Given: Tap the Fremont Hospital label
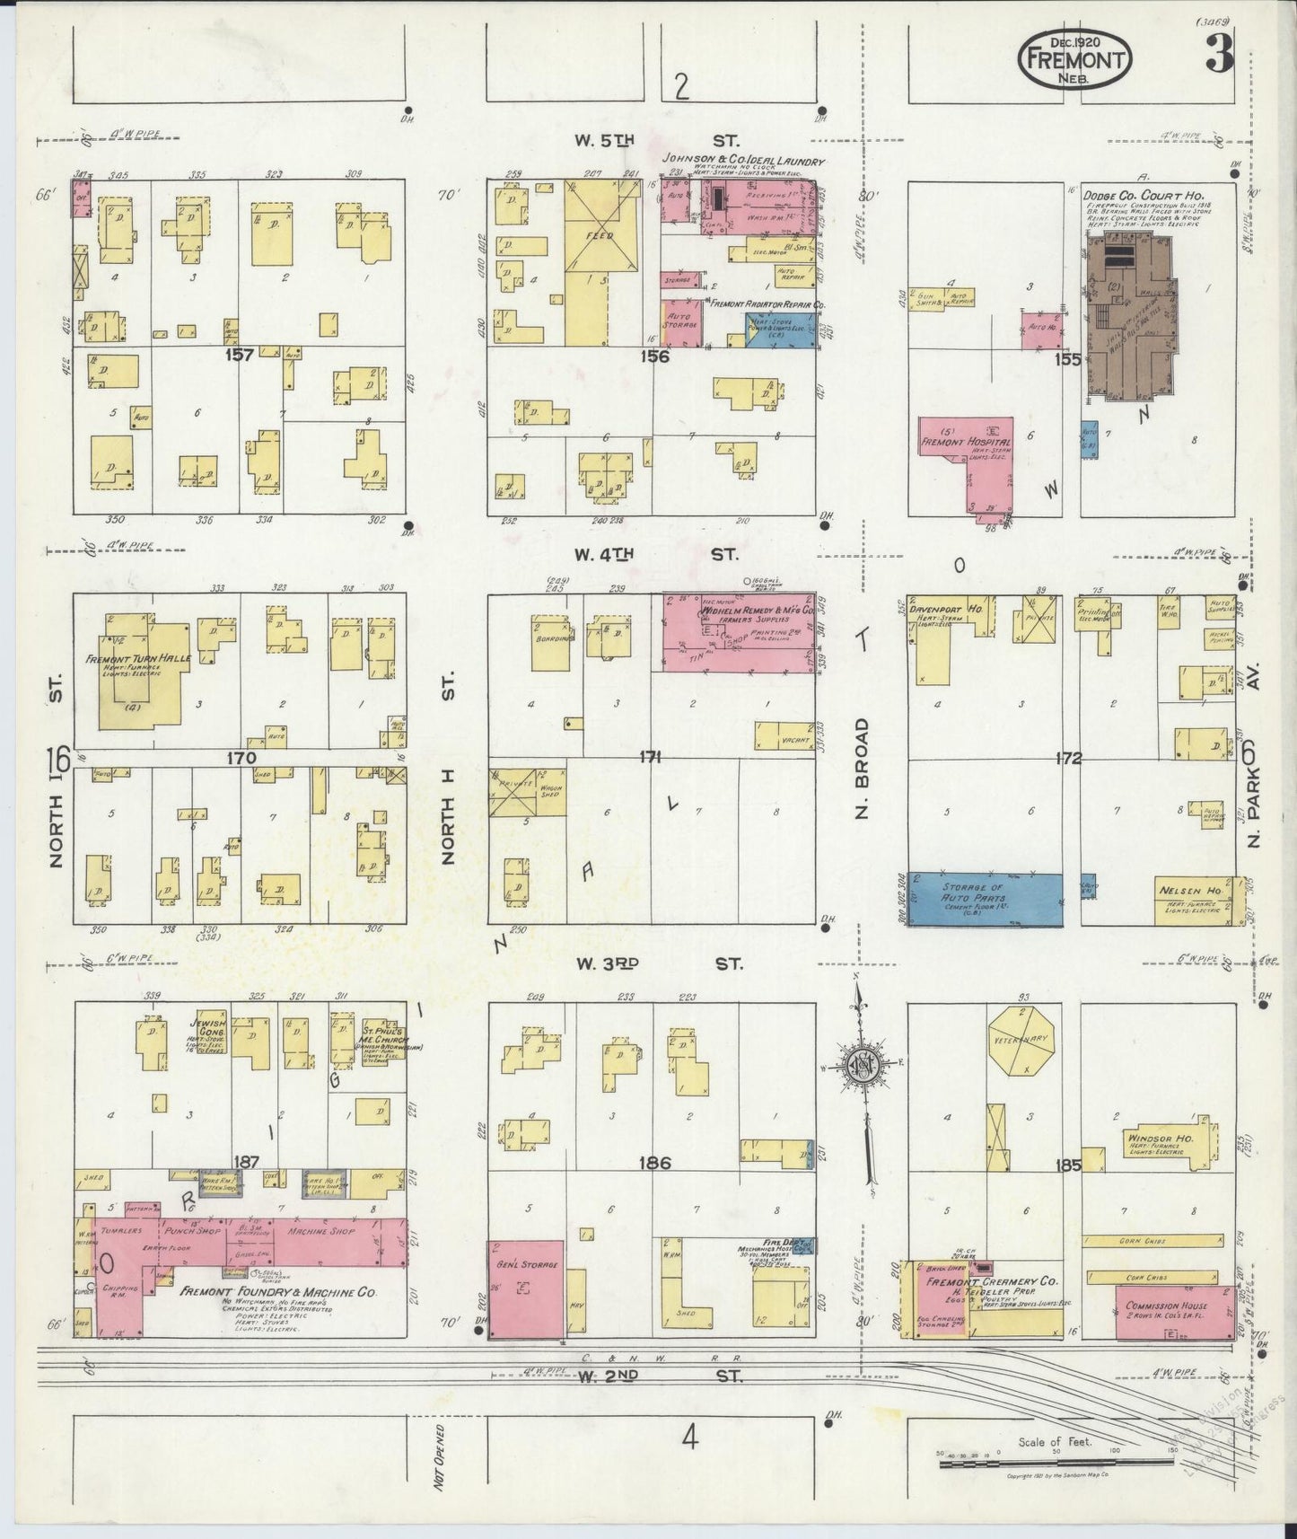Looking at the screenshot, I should tap(964, 443).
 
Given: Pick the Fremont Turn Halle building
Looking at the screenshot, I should tap(140, 669).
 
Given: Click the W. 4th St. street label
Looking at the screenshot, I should tap(656, 554).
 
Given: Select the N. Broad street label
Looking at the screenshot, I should tap(862, 765).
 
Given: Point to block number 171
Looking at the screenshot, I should tap(650, 757).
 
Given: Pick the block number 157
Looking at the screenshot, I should tap(240, 356).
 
